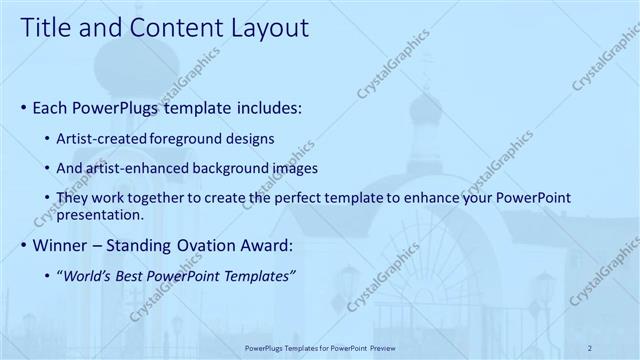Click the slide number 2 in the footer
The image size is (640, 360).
coord(591,347)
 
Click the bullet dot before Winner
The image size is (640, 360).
coord(24,245)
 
